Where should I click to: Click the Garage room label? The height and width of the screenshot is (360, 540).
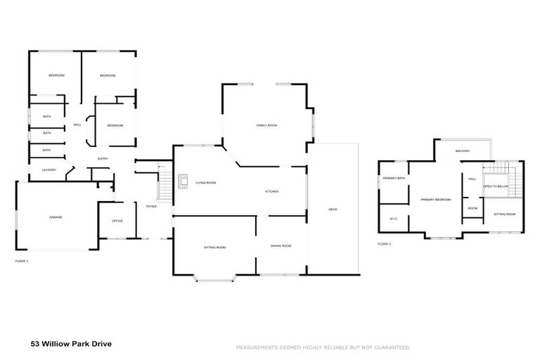56,217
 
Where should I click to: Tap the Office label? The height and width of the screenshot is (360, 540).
117,221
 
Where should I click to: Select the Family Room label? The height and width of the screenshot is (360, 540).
266,125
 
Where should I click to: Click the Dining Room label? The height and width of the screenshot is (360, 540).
281,245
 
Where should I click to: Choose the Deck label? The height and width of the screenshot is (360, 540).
333,209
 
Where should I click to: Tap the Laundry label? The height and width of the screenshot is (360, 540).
49,169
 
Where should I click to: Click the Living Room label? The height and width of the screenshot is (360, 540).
205,183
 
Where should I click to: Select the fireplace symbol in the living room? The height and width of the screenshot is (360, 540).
183,182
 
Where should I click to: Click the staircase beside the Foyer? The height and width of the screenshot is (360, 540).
165,188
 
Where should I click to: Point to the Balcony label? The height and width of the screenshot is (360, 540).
462,151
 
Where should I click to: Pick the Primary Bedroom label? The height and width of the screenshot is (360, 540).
435,200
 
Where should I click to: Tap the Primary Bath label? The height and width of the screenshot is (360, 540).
394,179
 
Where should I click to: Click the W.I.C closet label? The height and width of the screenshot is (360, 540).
394,219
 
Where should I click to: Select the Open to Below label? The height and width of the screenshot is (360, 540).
495,186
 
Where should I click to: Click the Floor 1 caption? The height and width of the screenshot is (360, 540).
22,261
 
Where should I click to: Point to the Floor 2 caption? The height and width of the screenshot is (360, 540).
384,244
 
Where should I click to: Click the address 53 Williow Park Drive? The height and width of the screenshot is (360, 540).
71,345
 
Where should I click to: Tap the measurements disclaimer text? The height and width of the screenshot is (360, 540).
323,347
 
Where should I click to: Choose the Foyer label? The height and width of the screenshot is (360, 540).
150,206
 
